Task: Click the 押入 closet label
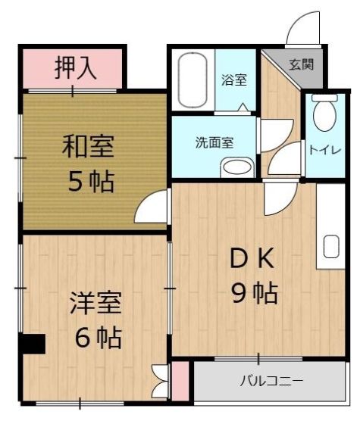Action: click(x=74, y=68)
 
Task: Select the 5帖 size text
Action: click(x=89, y=182)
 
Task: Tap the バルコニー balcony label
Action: click(x=272, y=380)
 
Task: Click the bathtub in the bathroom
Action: click(x=189, y=79)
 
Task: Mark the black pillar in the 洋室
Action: click(x=33, y=344)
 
